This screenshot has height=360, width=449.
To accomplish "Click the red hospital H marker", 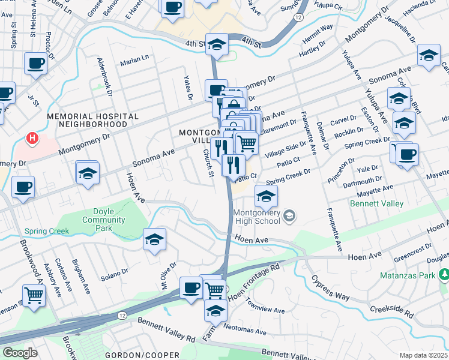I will [31, 139].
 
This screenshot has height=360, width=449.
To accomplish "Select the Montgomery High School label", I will [256, 217].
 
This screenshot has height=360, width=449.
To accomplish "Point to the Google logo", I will [20, 352].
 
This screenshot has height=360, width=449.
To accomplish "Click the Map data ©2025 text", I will [423, 355].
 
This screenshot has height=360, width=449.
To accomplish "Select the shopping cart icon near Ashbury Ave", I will [34, 295].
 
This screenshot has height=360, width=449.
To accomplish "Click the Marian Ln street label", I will [134, 59].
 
